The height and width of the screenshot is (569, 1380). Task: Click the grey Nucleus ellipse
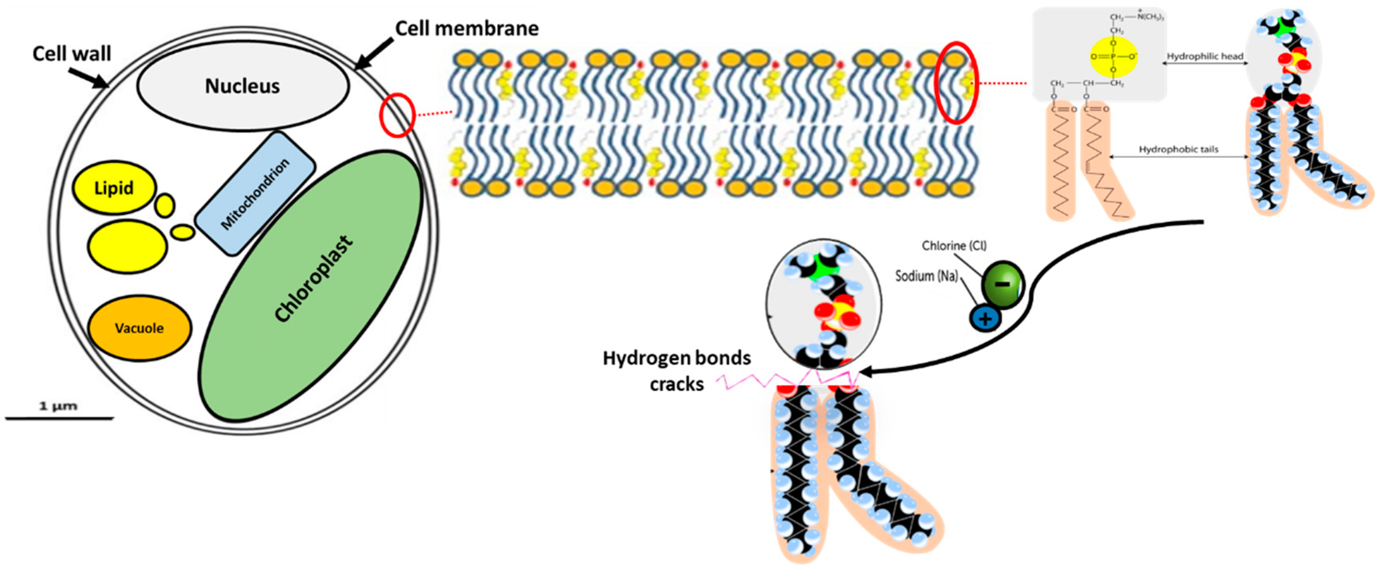242,86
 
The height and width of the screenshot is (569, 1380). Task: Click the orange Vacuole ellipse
139,328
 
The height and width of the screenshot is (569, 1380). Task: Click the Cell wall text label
72,54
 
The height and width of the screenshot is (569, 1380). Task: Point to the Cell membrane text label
467,28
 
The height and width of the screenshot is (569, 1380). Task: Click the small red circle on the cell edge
397,115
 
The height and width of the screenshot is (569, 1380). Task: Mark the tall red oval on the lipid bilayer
956,83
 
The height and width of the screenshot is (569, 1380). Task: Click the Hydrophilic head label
1205,56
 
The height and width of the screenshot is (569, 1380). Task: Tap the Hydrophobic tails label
1178,149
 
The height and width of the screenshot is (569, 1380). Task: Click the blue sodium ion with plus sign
985,319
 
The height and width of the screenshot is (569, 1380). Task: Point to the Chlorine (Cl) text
954,245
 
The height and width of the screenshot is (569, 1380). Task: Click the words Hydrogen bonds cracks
677,371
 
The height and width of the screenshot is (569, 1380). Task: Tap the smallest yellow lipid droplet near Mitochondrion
183,232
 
